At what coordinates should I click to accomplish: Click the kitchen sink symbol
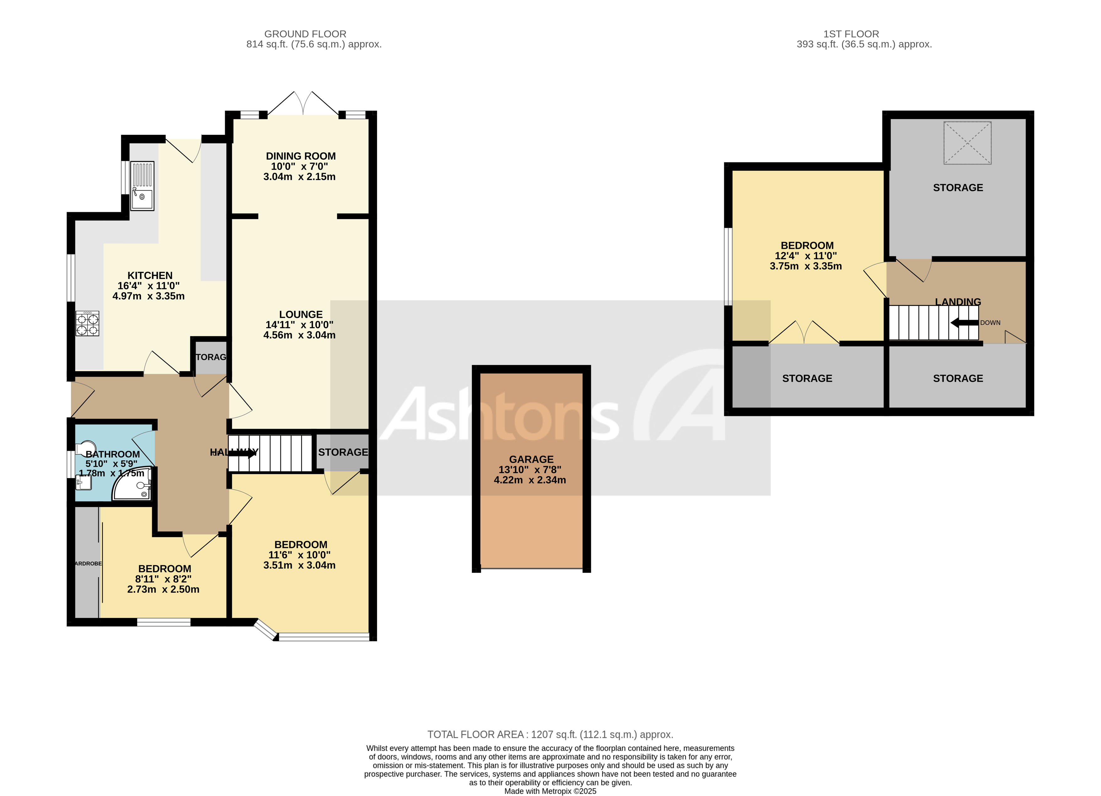coord(142,186)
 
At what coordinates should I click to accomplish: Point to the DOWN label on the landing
coord(990,323)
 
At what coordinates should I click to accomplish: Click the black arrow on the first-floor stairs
coord(964,323)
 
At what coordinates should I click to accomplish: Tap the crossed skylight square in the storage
coord(967,143)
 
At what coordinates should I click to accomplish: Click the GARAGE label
coord(531,459)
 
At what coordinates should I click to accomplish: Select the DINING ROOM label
coord(300,156)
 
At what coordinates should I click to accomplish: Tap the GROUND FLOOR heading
coord(305,34)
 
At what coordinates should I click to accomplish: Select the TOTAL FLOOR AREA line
coord(550,734)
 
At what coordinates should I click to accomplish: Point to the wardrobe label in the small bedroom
coord(88,563)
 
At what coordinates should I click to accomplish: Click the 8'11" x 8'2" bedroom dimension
coord(163,579)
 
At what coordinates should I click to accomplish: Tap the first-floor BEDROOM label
coord(807,245)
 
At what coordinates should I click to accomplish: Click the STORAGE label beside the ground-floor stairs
coord(343,452)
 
